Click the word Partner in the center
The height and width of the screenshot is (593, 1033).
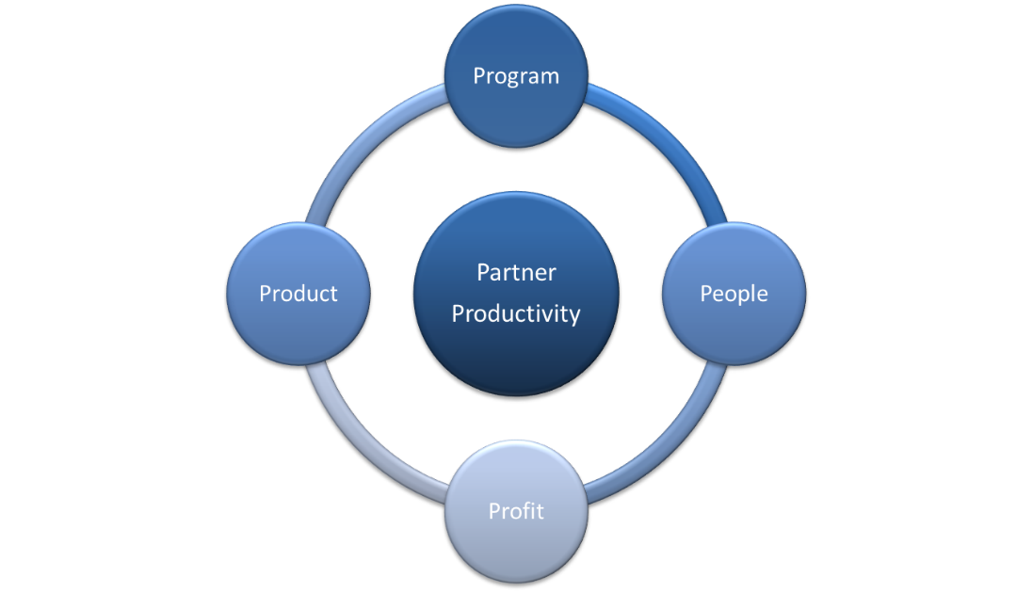coord(516,273)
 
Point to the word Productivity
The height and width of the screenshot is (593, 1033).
coord(516,313)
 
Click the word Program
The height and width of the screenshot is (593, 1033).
coord(516,75)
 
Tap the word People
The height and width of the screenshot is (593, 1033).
coord(734,294)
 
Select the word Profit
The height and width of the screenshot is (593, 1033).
coord(516,511)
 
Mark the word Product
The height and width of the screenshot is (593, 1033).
coord(299,294)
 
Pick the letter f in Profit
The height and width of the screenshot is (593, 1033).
coord(528,510)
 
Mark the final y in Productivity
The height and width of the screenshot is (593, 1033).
coord(573,315)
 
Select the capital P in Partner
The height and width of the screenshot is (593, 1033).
coord(483,273)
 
